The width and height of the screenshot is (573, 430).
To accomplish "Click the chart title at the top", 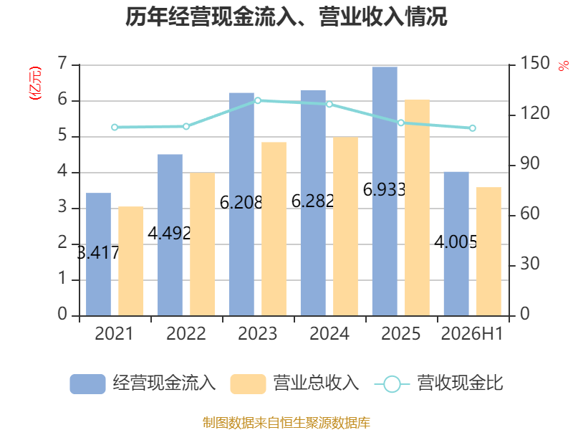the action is click(286, 16).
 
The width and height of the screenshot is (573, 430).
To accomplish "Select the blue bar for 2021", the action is click(98, 254).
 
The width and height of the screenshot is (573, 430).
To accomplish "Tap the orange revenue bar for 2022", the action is click(203, 244).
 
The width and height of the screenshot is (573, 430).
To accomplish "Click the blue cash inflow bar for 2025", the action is click(385, 191).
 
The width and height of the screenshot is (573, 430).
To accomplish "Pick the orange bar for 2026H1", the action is click(488, 252).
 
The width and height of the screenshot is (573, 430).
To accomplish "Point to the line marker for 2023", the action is click(258, 100).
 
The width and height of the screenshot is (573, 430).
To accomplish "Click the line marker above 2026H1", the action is click(472, 128).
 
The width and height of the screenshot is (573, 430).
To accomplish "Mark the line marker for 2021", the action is click(115, 128).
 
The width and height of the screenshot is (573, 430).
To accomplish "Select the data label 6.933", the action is click(384, 189).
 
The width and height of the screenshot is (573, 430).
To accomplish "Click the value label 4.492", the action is click(169, 233).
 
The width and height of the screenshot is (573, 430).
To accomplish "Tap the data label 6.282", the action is click(312, 201).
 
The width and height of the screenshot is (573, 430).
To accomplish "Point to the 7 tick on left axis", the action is click(62, 64).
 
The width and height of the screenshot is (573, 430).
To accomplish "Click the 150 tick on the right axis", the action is click(534, 63).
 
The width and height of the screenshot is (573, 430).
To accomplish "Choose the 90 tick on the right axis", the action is click(529, 164).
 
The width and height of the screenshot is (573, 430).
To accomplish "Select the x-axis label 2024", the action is click(329, 333).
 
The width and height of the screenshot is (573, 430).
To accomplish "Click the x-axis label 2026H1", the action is click(472, 333).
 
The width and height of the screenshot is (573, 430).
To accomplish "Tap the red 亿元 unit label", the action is click(35, 83).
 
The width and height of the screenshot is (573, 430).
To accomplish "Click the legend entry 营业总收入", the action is click(294, 383).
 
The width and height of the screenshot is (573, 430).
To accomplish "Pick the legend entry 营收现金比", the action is click(439, 383).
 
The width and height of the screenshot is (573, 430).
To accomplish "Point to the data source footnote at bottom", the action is click(286, 423).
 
